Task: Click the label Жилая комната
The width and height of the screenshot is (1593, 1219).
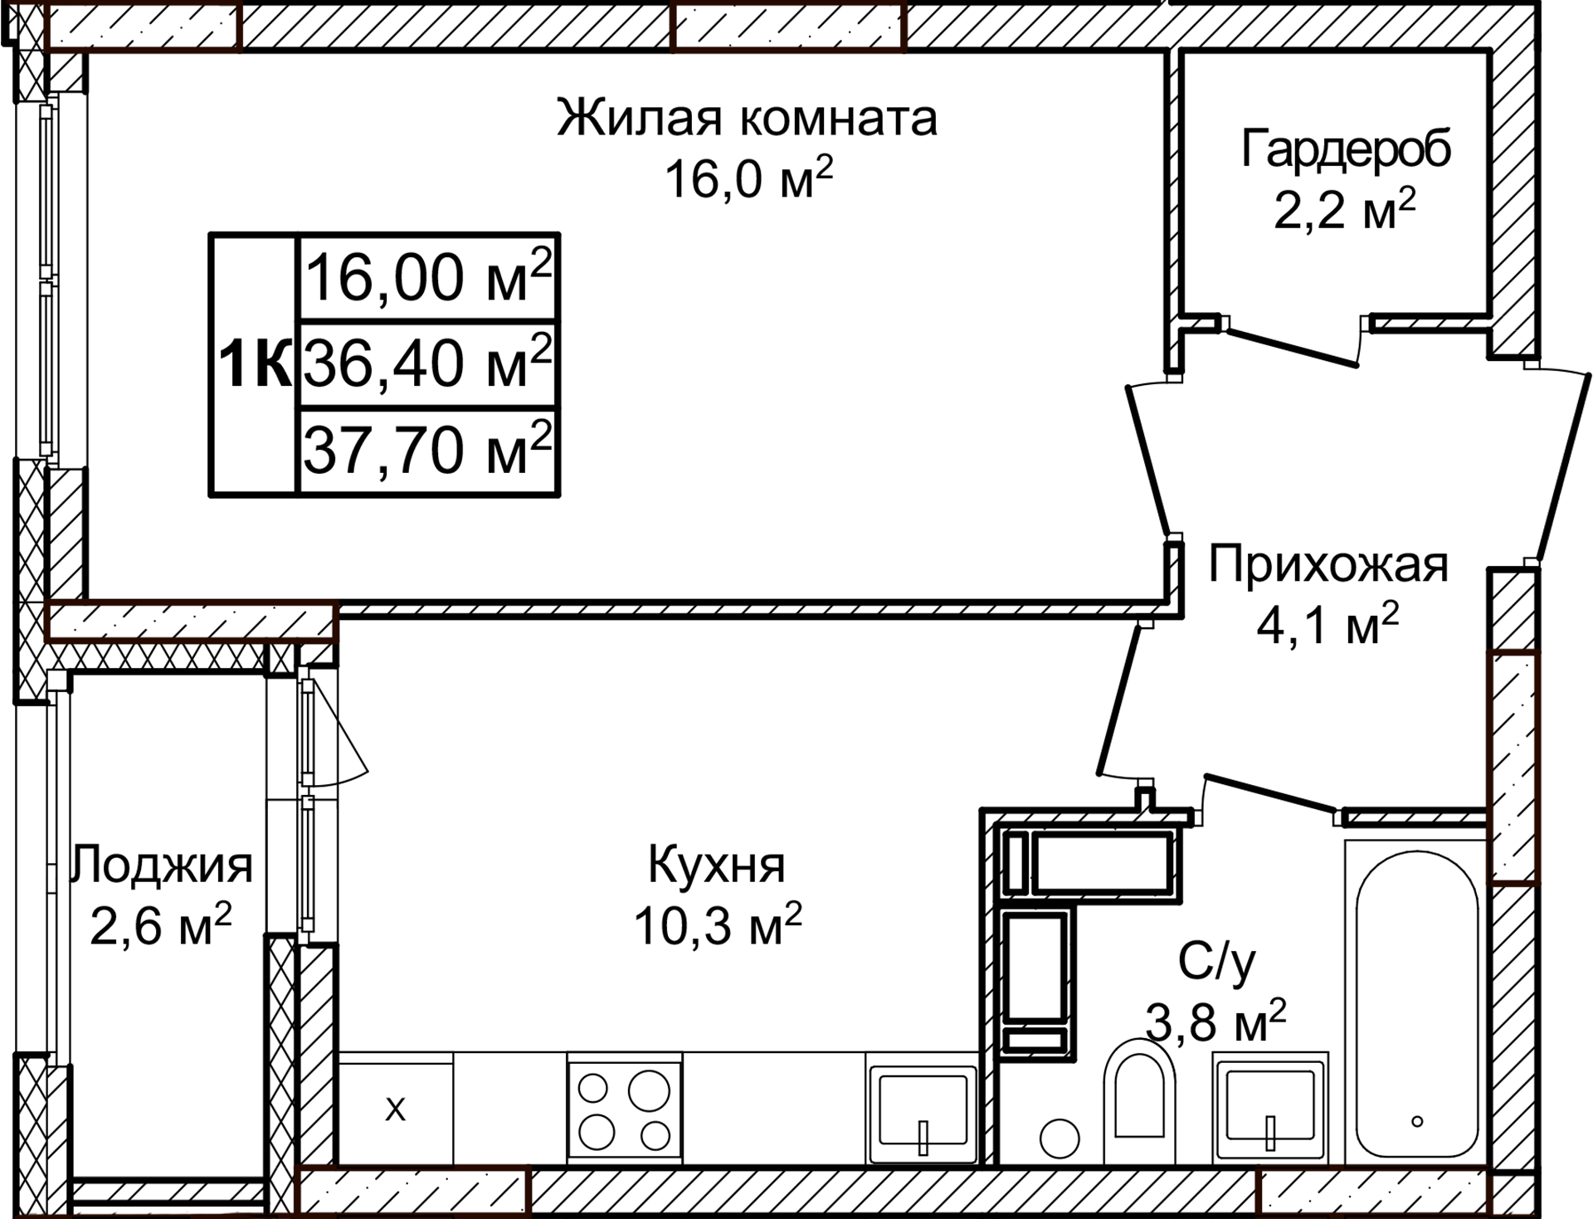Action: pos(747,119)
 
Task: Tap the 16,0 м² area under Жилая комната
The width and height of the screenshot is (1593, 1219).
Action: pos(747,179)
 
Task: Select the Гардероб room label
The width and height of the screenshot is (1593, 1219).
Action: pos(1346,150)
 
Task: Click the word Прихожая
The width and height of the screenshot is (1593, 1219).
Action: pos(1327,566)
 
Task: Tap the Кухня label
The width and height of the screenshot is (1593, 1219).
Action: pos(716,865)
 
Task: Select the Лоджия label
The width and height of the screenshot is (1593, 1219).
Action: pos(163,865)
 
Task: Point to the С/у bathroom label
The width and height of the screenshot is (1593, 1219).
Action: pos(1216,963)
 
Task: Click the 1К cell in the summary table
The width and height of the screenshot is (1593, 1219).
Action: pos(254,364)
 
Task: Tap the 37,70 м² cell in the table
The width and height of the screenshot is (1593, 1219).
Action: pos(427,451)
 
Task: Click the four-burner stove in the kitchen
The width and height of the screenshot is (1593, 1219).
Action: pos(624,1110)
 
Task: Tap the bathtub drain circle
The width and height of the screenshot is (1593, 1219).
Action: pos(1417,1121)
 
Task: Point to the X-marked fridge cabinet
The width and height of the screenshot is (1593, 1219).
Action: pos(396,1109)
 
